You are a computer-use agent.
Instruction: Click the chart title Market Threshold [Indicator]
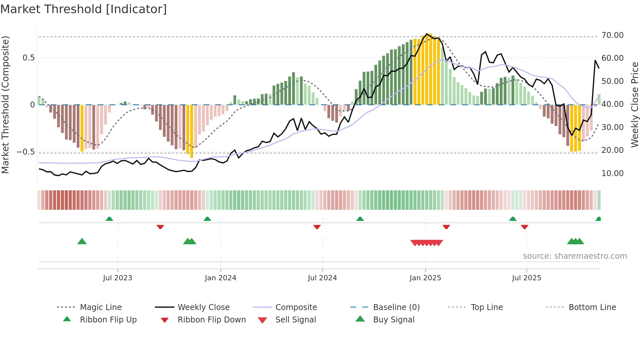(84, 9)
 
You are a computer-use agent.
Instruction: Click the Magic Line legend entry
(101, 307)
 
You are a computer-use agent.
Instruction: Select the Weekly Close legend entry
(203, 307)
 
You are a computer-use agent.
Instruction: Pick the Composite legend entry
(296, 307)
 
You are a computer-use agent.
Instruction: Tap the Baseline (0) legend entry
(396, 307)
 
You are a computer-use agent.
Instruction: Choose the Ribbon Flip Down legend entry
(211, 320)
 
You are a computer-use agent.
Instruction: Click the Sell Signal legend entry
(296, 320)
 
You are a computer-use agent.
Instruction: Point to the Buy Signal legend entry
(393, 320)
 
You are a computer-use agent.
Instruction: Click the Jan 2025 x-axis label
(425, 278)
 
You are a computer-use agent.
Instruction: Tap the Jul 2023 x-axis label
(118, 278)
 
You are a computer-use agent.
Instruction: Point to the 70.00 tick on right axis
(612, 35)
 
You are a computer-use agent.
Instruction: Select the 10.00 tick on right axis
(612, 173)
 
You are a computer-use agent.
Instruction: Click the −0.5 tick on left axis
(25, 152)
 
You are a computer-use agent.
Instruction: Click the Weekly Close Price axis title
(634, 105)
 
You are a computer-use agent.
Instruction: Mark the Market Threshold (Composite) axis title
(5, 105)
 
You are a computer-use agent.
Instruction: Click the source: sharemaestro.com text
(575, 256)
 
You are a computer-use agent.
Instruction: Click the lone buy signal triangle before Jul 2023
(82, 241)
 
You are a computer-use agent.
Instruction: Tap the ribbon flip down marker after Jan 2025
(446, 227)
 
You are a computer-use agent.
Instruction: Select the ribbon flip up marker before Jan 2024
(207, 219)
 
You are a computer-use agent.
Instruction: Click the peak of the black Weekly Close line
(427, 34)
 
